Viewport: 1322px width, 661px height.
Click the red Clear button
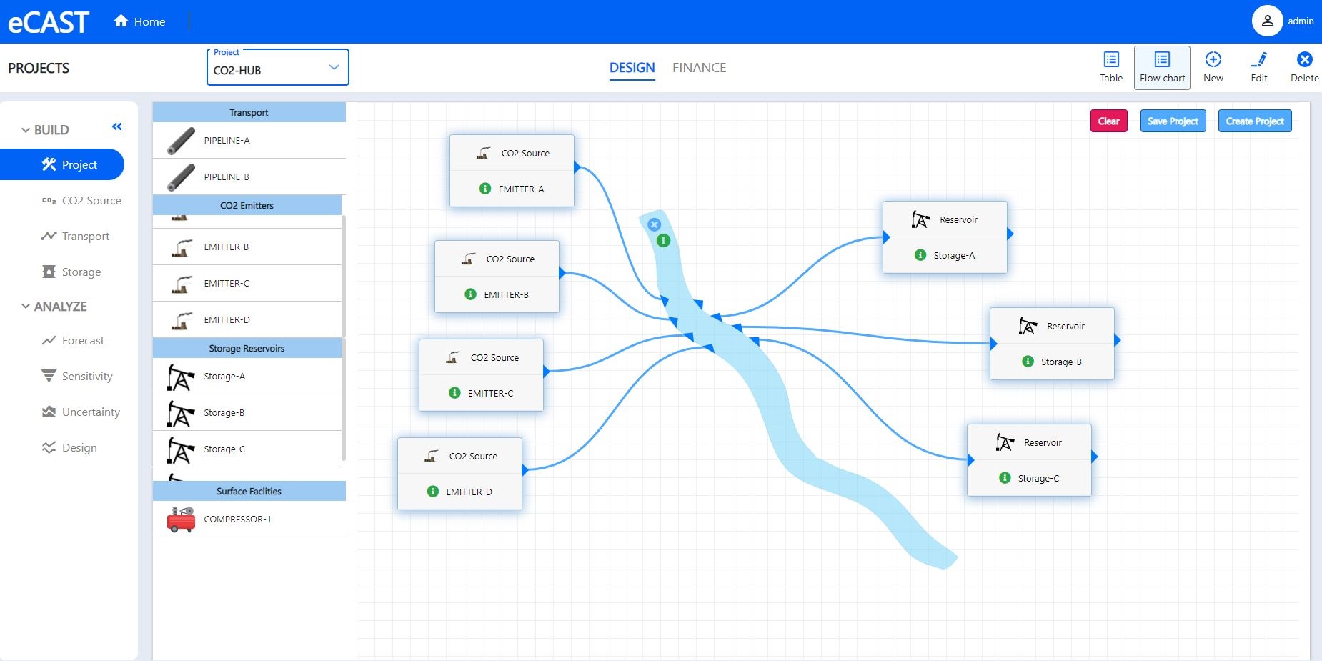click(x=1108, y=121)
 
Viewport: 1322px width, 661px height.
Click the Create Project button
click(x=1255, y=121)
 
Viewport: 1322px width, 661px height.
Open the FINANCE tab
click(x=699, y=68)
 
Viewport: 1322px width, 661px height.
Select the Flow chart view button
click(x=1162, y=68)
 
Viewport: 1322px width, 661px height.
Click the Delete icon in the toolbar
click(x=1304, y=60)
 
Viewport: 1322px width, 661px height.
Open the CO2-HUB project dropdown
click(x=277, y=68)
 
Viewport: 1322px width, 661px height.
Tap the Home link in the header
click(x=140, y=21)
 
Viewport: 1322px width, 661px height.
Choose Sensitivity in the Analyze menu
click(x=87, y=377)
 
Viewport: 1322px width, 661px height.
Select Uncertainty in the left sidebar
click(x=91, y=412)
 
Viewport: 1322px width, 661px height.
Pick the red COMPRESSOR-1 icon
click(x=181, y=520)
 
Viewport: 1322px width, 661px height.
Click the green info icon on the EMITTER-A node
click(x=485, y=189)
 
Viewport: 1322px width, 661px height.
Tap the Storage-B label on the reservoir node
click(x=1061, y=362)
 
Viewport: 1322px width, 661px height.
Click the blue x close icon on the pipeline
click(x=654, y=224)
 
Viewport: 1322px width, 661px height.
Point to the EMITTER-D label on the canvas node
click(x=469, y=492)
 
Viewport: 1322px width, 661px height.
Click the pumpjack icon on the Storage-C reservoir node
click(x=1005, y=443)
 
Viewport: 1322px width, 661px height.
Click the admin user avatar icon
click(x=1267, y=21)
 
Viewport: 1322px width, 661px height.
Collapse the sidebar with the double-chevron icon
click(x=117, y=126)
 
